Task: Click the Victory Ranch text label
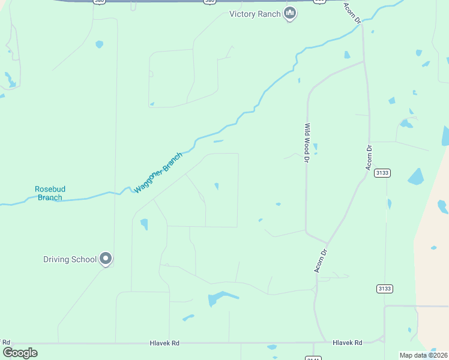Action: pyautogui.click(x=255, y=14)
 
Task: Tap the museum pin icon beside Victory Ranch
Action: pyautogui.click(x=290, y=13)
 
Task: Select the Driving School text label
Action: pyautogui.click(x=70, y=260)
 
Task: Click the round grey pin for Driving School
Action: pyautogui.click(x=106, y=259)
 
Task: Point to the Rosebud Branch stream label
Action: pyautogui.click(x=50, y=193)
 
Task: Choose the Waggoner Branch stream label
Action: pyautogui.click(x=158, y=173)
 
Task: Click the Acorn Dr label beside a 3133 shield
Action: pyautogui.click(x=370, y=157)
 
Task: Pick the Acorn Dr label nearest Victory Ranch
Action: pyautogui.click(x=352, y=13)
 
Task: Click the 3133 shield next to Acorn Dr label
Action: pyautogui.click(x=382, y=173)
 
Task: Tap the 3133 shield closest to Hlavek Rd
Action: pyautogui.click(x=385, y=289)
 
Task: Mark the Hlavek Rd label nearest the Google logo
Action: pyautogui.click(x=165, y=343)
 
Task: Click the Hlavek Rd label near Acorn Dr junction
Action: pyautogui.click(x=348, y=343)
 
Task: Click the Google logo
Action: pyautogui.click(x=20, y=353)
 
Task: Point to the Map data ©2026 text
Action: pyautogui.click(x=424, y=355)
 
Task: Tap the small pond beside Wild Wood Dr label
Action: pyautogui.click(x=315, y=147)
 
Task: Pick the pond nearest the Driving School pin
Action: pyautogui.click(x=144, y=224)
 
